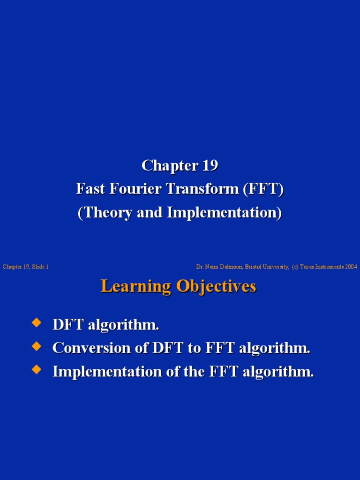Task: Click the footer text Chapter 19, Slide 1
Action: [x=26, y=267]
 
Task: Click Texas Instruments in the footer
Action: [x=322, y=267]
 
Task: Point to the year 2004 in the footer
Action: [x=351, y=267]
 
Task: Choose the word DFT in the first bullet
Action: [x=67, y=324]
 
